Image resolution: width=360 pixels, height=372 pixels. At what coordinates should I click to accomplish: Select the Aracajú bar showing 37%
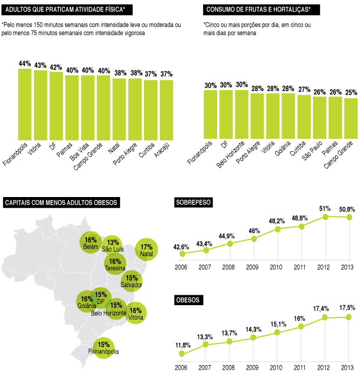166,109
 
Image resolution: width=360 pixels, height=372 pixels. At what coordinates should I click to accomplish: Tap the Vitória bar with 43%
41,105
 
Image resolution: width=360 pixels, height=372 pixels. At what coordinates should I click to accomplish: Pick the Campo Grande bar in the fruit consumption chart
351,118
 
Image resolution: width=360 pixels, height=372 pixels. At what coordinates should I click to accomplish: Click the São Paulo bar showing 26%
319,117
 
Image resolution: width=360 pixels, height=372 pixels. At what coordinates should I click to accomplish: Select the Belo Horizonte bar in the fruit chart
242,115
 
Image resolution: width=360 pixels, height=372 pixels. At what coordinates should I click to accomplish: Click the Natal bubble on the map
146,250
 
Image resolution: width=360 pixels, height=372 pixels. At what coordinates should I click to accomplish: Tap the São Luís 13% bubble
113,245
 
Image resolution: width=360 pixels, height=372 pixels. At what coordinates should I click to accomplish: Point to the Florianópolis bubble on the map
103,347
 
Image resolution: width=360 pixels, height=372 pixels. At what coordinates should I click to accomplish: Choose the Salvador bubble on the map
131,281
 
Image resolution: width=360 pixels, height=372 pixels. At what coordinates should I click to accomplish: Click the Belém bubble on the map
91,243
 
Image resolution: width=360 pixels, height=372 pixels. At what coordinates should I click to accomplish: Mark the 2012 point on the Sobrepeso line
325,216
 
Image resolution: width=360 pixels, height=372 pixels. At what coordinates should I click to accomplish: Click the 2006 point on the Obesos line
182,353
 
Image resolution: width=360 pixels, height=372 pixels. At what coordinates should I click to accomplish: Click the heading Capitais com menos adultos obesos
61,203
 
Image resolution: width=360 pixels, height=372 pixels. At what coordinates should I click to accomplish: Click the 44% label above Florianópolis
25,63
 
